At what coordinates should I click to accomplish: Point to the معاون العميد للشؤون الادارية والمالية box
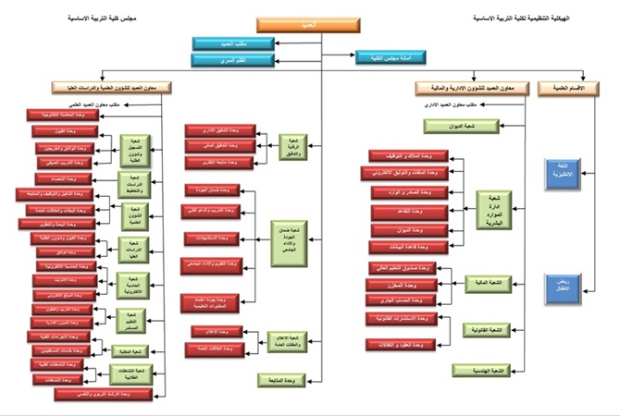(471, 87)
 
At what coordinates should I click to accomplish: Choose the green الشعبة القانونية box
(487, 329)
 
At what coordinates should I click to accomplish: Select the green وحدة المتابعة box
(280, 379)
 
